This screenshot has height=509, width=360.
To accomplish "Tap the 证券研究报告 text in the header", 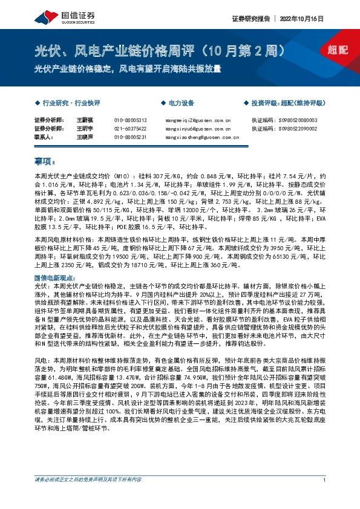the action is (252, 19).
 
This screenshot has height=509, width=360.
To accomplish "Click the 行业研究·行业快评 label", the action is (67, 103).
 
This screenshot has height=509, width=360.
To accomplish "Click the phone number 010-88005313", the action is (131, 120).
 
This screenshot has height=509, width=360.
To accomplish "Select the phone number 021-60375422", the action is (131, 129).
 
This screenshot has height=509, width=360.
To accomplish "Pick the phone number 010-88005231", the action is (131, 137).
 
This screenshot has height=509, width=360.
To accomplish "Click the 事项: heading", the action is (45, 161).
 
